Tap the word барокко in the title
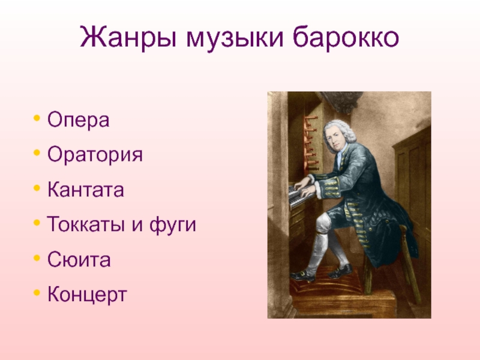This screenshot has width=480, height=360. (346, 37)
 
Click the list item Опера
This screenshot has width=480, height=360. (79, 120)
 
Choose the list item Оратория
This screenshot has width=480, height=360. (95, 155)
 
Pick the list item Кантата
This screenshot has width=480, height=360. (86, 189)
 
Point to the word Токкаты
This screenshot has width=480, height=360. (86, 224)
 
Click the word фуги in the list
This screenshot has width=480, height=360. (173, 225)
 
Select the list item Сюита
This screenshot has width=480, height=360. (79, 260)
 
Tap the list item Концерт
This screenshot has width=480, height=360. (87, 295)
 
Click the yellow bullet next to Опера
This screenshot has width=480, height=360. (37, 118)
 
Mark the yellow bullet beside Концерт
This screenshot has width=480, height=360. (37, 293)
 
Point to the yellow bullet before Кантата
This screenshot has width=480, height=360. (37, 188)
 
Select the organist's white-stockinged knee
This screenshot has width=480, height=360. (323, 221)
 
